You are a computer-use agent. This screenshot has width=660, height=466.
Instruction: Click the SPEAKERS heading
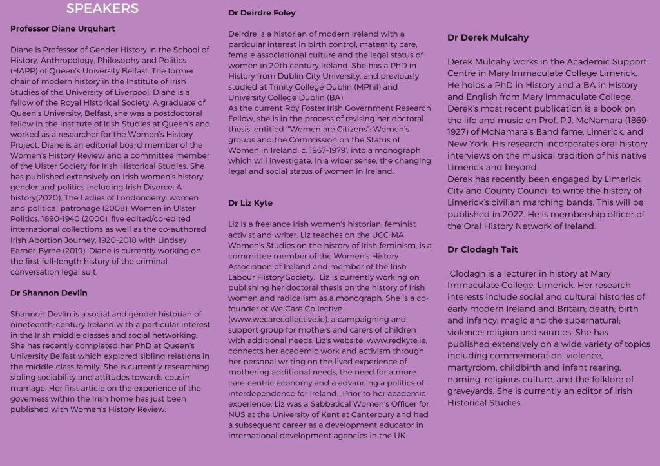pos(102,8)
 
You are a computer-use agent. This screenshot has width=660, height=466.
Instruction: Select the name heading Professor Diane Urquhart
pos(63,29)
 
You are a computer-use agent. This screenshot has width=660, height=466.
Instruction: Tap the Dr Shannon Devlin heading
pos(49,293)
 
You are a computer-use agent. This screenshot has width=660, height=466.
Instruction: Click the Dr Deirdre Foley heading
pos(262,13)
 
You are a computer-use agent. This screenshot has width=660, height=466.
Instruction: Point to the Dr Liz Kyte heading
pos(251,203)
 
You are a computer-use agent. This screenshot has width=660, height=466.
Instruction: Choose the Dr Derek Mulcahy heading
pos(488,38)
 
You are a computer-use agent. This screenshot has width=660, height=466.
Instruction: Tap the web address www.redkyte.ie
pos(396,340)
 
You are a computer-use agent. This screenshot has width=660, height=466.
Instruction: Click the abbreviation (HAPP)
pos(23,70)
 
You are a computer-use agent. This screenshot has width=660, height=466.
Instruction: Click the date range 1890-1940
pos(61,218)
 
